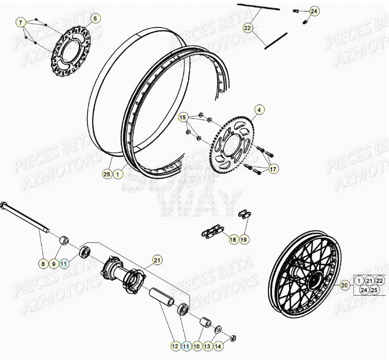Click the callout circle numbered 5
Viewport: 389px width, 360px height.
click(x=95, y=19)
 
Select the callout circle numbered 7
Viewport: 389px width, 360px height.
click(x=20, y=22)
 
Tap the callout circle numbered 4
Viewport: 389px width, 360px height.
click(x=258, y=110)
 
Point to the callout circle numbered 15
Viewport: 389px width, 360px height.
click(x=183, y=118)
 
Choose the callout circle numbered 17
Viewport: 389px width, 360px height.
click(x=273, y=169)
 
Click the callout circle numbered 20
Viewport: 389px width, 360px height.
click(x=344, y=285)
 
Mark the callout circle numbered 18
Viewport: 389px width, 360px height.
click(x=233, y=239)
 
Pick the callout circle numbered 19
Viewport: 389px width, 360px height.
click(x=244, y=239)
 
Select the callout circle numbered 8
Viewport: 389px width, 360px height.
click(x=42, y=264)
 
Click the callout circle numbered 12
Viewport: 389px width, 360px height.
click(x=174, y=345)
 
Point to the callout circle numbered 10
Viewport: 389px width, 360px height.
click(x=196, y=345)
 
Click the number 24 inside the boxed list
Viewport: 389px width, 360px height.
click(x=360, y=291)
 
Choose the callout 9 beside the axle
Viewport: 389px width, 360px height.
click(x=53, y=264)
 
